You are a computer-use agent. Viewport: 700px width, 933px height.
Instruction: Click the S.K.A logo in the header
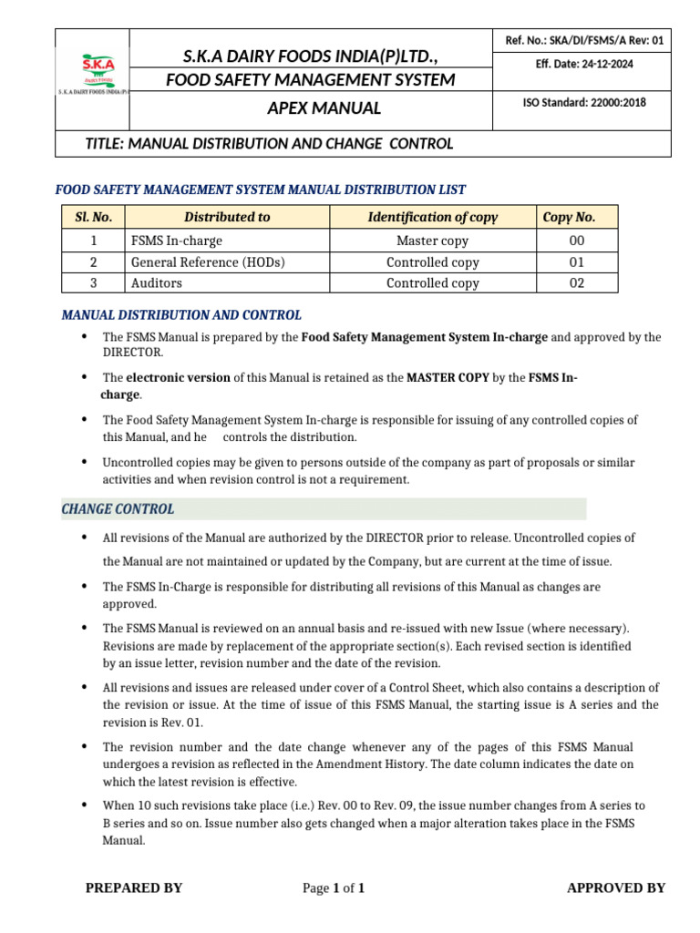(x=91, y=73)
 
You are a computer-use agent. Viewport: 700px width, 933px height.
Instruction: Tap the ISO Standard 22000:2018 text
(x=584, y=103)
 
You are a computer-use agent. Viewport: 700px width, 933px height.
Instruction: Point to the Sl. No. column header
(x=94, y=217)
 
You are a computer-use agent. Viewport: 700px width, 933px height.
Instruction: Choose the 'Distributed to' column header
(x=227, y=217)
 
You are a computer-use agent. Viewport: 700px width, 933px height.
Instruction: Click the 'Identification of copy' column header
(x=433, y=217)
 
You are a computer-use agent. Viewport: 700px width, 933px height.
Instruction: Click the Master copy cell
(x=433, y=241)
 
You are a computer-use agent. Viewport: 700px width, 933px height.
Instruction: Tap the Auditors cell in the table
(x=157, y=283)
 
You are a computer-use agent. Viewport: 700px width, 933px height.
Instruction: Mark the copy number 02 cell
(x=576, y=283)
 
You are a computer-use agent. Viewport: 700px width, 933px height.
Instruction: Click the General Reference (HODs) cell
(x=208, y=262)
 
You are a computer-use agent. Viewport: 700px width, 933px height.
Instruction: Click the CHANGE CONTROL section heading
(x=118, y=509)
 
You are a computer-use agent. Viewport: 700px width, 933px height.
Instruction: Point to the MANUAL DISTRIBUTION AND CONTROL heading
(x=181, y=315)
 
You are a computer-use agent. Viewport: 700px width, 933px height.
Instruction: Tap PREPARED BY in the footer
(x=134, y=888)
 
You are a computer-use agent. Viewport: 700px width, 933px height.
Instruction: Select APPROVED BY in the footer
(x=616, y=888)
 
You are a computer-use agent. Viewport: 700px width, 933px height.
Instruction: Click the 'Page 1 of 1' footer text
(x=334, y=888)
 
